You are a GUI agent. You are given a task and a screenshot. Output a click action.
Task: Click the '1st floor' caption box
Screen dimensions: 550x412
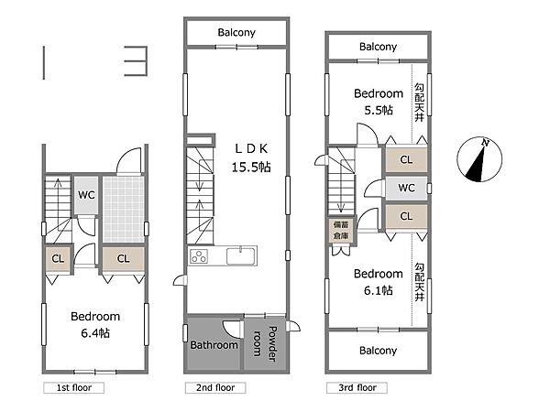(73, 388)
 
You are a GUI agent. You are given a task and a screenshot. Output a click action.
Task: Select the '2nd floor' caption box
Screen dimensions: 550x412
(215, 388)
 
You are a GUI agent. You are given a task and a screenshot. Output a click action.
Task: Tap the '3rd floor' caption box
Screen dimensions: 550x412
(357, 388)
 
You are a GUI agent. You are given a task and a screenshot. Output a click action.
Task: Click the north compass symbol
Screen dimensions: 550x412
(479, 159)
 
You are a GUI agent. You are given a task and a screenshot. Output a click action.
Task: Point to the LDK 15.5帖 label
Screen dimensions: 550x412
(251, 158)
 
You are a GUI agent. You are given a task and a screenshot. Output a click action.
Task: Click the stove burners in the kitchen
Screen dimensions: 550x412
(199, 256)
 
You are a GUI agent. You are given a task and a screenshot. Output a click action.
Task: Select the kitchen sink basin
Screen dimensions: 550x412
(240, 255)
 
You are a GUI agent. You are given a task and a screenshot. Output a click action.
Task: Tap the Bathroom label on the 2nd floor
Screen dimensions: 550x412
(214, 345)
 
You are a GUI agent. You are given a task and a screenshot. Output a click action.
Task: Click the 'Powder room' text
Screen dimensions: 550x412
(265, 343)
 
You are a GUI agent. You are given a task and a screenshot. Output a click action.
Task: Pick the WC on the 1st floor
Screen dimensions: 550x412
(86, 195)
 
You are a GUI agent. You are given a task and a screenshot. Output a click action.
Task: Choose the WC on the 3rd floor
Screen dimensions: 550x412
(406, 188)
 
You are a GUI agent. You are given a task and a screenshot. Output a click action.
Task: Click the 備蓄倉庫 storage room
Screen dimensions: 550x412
(341, 231)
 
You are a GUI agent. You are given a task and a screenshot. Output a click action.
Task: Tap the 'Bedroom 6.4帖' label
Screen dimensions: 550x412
(95, 325)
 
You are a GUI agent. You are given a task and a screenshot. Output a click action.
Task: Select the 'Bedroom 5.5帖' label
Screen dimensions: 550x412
(379, 102)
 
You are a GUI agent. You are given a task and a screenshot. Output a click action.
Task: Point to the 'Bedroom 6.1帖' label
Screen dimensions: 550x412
(378, 282)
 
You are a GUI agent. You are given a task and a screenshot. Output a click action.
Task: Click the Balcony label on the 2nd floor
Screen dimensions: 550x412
(236, 33)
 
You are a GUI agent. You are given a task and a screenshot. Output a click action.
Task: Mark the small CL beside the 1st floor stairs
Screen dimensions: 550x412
(59, 259)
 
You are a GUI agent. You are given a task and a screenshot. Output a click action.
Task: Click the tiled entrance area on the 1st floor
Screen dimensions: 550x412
(124, 209)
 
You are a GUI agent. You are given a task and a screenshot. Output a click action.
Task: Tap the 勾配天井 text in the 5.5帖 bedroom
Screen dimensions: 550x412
(419, 103)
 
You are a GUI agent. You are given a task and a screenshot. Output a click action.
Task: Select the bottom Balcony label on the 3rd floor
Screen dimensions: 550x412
(378, 351)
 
